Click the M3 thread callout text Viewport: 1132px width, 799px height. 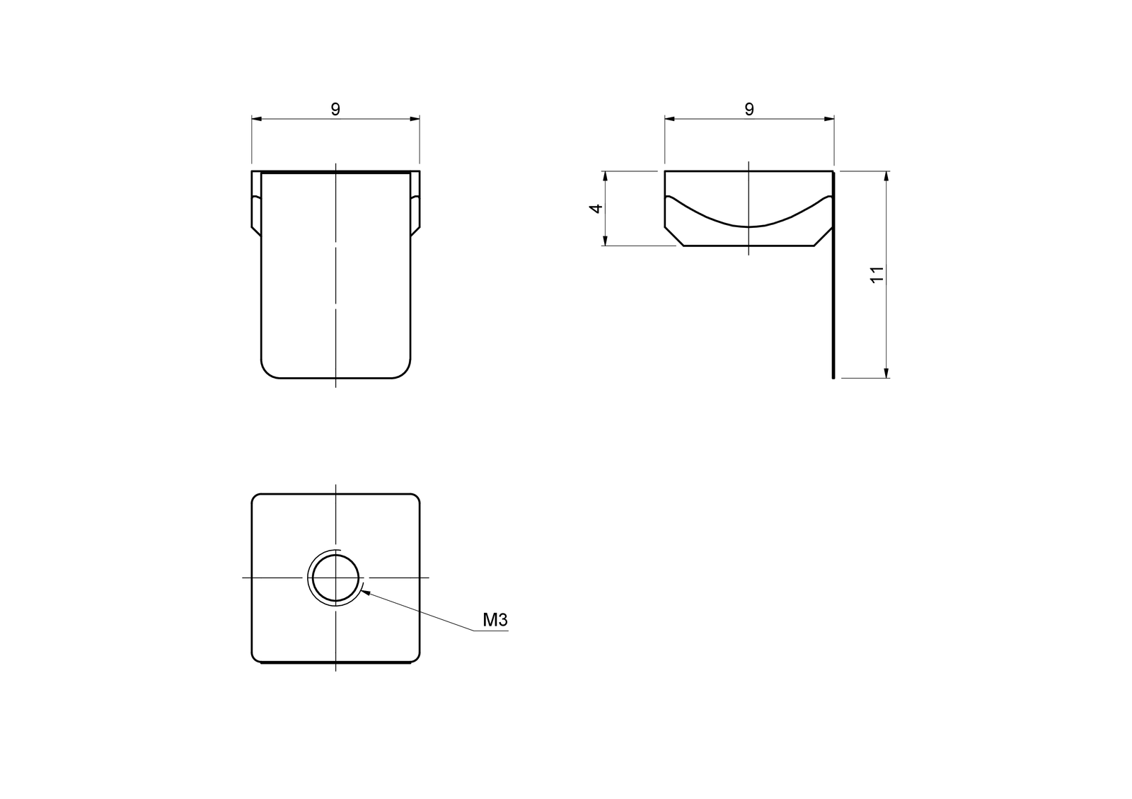point(495,621)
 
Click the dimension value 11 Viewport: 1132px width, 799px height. point(877,275)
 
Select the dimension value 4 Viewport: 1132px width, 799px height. point(596,208)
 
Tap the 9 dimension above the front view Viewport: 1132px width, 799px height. point(335,109)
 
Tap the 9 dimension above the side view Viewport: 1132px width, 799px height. point(749,109)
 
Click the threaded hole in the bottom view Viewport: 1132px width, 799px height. point(335,577)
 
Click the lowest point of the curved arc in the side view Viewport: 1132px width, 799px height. point(749,226)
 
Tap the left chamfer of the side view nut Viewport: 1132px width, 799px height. point(674,237)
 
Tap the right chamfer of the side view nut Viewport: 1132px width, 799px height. point(824,237)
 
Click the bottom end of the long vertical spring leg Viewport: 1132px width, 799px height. point(833,376)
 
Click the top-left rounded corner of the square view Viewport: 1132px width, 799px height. point(256,498)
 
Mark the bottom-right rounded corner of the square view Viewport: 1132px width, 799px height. point(415,658)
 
